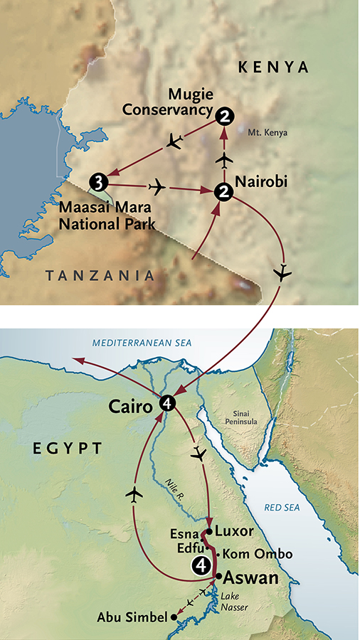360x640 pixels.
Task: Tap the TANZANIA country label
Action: coord(100,275)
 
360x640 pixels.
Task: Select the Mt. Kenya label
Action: coord(263,132)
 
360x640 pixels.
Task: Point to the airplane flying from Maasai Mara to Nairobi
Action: coord(157,187)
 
